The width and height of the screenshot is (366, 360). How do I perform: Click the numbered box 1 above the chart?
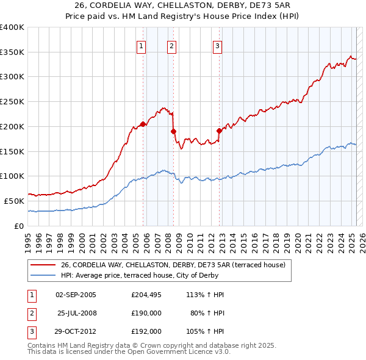(141, 45)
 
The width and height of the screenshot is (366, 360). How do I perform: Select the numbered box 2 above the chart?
(171, 45)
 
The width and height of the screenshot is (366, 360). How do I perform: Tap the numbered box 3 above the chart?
(217, 45)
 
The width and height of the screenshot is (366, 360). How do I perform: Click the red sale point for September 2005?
(143, 124)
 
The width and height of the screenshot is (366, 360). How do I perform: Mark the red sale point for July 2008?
(174, 131)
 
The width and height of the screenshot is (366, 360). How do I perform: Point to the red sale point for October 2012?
(219, 130)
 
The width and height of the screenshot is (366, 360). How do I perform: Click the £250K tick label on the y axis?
(12, 101)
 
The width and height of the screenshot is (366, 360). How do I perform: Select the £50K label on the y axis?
(14, 201)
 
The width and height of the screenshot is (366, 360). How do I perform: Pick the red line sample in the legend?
(43, 265)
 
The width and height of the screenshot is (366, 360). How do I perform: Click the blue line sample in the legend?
(43, 275)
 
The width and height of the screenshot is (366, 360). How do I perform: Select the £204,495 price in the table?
(146, 295)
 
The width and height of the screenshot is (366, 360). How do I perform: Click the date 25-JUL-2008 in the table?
(77, 313)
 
